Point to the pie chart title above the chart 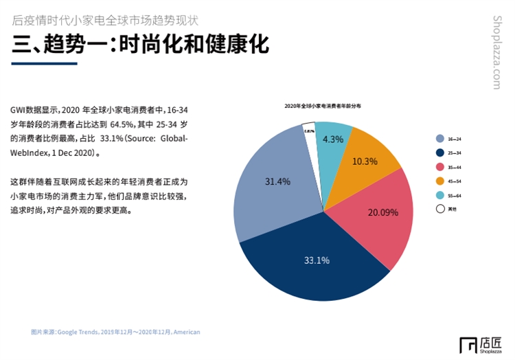point(323,106)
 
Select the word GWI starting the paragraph point(19,109)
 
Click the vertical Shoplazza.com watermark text point(498,52)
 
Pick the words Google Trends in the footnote point(78,332)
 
